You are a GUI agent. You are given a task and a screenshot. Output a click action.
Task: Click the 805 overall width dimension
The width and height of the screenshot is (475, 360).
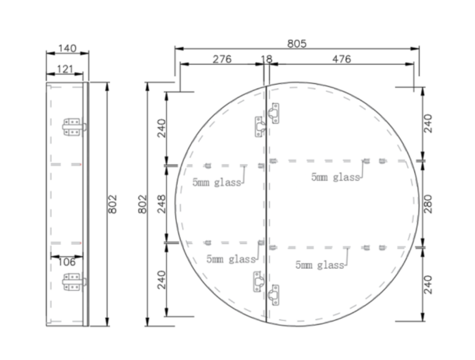click(297, 43)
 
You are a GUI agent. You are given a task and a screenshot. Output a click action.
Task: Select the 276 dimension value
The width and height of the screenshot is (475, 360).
click(222, 59)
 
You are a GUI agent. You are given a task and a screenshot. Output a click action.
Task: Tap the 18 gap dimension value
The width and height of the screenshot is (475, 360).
click(266, 59)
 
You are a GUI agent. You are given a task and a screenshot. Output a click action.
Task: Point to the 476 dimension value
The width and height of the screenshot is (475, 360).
click(341, 59)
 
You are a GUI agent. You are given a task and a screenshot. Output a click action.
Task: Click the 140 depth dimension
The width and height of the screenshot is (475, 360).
click(67, 48)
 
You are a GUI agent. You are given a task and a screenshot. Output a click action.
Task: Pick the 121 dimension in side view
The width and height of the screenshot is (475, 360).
click(65, 69)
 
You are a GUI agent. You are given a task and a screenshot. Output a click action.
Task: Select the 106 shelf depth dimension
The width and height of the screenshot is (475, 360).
click(66, 262)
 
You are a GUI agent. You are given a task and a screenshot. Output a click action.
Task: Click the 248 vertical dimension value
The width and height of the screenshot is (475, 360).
click(161, 204)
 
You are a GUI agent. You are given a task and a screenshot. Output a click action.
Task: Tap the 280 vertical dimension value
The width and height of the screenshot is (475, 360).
click(428, 204)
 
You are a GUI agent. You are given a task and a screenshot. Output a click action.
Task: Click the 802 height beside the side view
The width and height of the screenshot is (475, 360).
click(112, 204)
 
